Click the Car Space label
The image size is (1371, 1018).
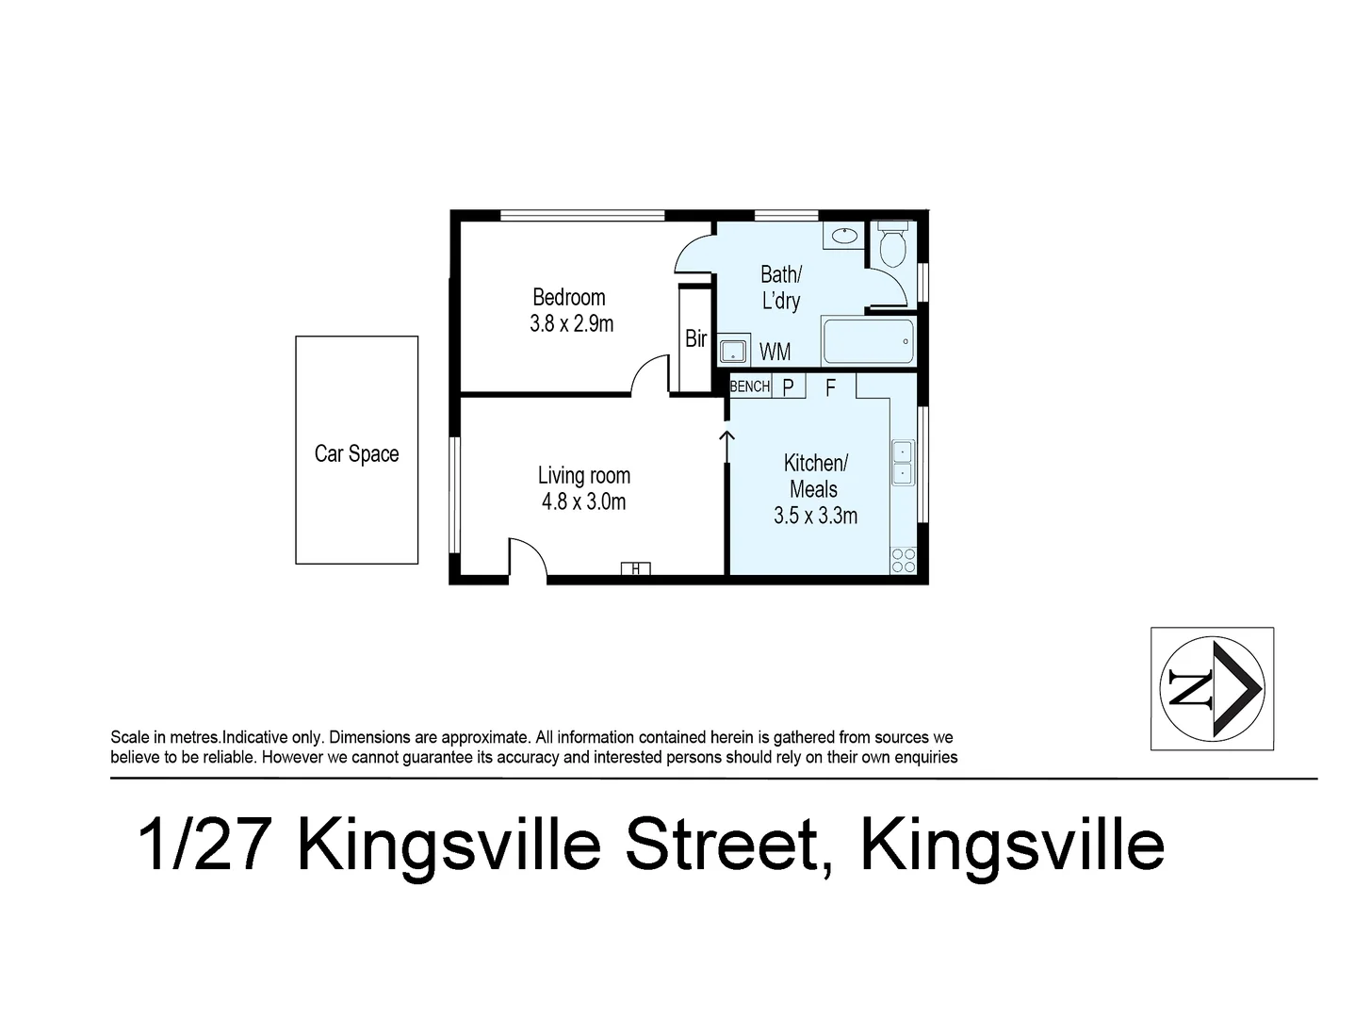tap(356, 454)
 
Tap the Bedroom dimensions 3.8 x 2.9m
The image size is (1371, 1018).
tap(571, 324)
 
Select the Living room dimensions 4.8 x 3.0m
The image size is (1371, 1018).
tap(583, 501)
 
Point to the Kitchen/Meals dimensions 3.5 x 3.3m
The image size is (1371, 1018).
tap(815, 516)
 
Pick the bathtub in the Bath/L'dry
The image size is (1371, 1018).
tap(868, 341)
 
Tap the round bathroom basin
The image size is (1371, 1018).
tap(844, 235)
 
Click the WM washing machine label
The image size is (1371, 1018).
tap(775, 352)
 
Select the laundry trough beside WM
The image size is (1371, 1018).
tap(733, 352)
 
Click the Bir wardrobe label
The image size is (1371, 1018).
tap(695, 338)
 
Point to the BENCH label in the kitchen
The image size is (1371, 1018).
tap(750, 386)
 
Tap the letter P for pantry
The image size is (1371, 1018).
tap(789, 386)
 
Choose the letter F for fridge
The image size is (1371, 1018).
tap(830, 386)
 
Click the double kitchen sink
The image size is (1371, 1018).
tap(902, 463)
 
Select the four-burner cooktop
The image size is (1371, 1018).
tap(903, 560)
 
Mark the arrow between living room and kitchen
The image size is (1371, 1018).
tap(727, 446)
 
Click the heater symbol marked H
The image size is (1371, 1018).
tap(635, 568)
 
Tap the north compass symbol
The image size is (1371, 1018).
tap(1212, 688)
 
